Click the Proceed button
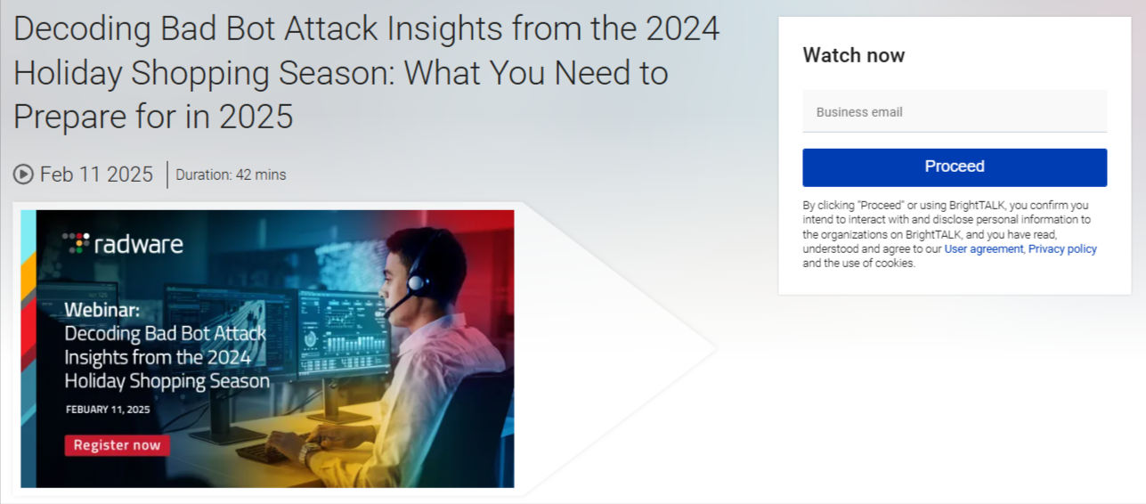pyautogui.click(x=955, y=167)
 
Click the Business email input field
pyautogui.click(x=955, y=112)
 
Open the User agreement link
pyautogui.click(x=984, y=249)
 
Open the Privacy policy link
pyautogui.click(x=1062, y=249)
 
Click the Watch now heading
pyautogui.click(x=853, y=55)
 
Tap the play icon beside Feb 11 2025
pyautogui.click(x=23, y=175)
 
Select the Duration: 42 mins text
pyautogui.click(x=231, y=175)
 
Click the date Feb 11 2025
pyautogui.click(x=96, y=175)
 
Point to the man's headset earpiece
pyautogui.click(x=417, y=283)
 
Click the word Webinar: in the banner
pyautogui.click(x=102, y=311)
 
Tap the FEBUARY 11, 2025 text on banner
pyautogui.click(x=108, y=410)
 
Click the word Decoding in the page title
pyautogui.click(x=81, y=29)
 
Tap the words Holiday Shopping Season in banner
pyautogui.click(x=167, y=381)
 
